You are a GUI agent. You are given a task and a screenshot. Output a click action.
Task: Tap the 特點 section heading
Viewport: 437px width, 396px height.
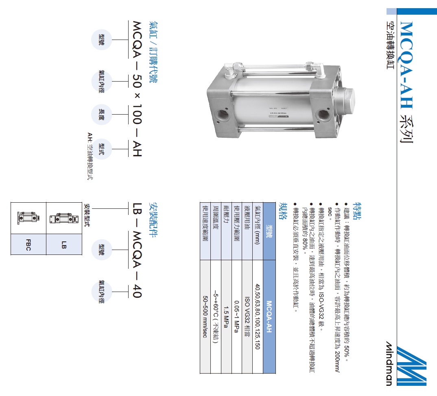pyautogui.click(x=357, y=211)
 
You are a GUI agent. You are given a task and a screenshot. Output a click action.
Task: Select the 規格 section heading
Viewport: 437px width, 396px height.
pyautogui.click(x=283, y=211)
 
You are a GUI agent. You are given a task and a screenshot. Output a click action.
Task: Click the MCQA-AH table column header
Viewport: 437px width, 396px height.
pyautogui.click(x=269, y=316)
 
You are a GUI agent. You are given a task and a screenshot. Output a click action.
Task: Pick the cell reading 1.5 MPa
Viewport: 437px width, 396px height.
pyautogui.click(x=226, y=316)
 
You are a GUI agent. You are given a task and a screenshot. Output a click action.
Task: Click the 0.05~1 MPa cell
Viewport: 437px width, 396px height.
pyautogui.click(x=236, y=316)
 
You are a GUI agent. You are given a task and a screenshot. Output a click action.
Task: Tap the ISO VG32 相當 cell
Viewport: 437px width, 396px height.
pyautogui.click(x=247, y=316)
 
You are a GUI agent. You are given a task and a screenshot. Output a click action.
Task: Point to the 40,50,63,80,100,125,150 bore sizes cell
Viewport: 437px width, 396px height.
pyautogui.click(x=258, y=316)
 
